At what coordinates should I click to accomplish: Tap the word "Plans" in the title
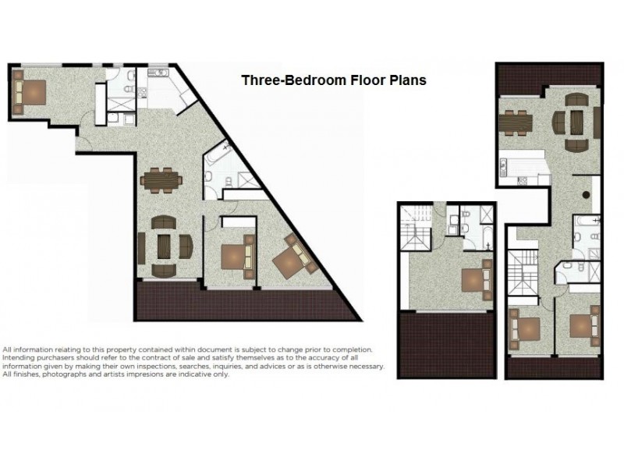click(406, 80)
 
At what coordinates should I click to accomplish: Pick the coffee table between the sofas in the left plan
click(164, 246)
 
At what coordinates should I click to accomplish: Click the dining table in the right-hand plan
click(516, 122)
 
